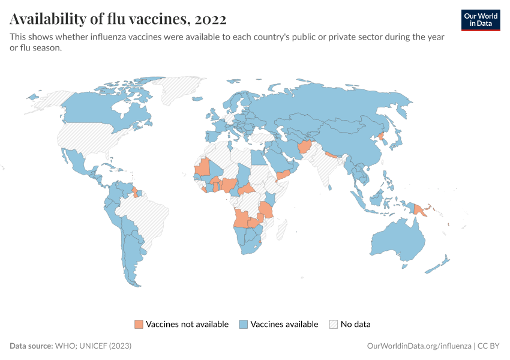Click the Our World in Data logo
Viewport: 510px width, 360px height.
coord(480,20)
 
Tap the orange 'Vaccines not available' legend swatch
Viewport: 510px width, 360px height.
coord(139,325)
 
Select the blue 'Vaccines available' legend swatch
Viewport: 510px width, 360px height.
coord(244,325)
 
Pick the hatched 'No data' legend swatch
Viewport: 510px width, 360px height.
coord(334,325)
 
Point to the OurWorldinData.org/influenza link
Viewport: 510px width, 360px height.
coord(418,346)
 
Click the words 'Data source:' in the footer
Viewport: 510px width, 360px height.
coord(31,346)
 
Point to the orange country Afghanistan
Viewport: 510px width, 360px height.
coord(304,148)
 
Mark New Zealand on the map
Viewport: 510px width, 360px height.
coord(442,263)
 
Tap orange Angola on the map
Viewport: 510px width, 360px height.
coord(241,218)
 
